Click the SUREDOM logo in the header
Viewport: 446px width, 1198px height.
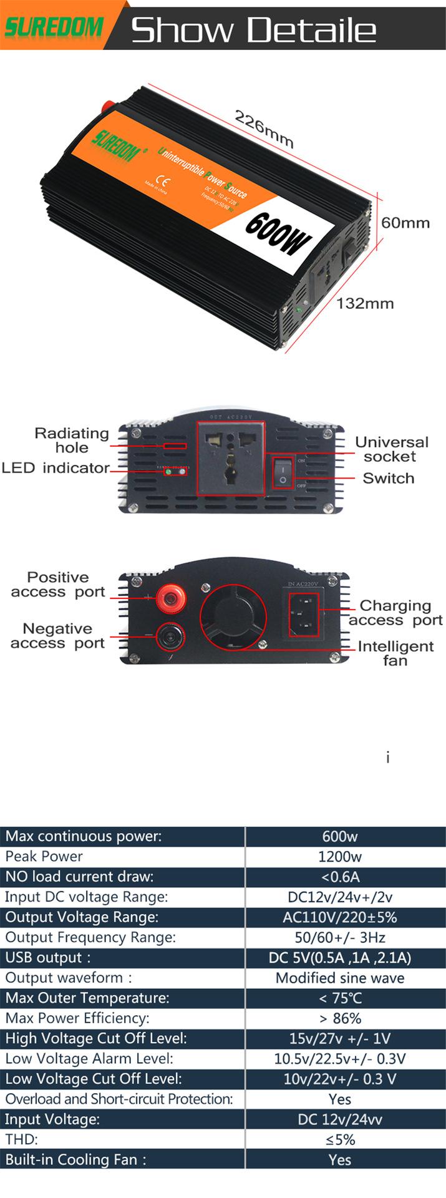[x=54, y=26]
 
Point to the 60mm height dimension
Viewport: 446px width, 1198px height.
[x=405, y=223]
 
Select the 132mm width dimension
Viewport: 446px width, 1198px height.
[x=365, y=304]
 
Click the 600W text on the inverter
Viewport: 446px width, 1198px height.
[x=278, y=235]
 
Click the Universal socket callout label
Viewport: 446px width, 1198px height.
[x=391, y=449]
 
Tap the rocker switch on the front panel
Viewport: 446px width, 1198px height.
[x=283, y=472]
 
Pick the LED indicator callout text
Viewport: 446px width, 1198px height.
[x=56, y=468]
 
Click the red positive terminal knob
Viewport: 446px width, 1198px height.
[x=170, y=598]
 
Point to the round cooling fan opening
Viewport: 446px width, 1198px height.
[x=233, y=617]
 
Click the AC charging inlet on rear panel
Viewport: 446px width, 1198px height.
[x=303, y=612]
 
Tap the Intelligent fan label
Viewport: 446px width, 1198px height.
[x=395, y=653]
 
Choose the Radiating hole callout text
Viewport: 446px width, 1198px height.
[x=71, y=440]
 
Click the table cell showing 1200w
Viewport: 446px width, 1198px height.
[x=340, y=857]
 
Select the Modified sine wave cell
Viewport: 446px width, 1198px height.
[x=340, y=978]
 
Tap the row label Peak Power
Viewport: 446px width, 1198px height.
[x=44, y=856]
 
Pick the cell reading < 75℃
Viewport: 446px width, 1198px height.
[x=340, y=998]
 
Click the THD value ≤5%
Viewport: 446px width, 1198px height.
[x=340, y=1139]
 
